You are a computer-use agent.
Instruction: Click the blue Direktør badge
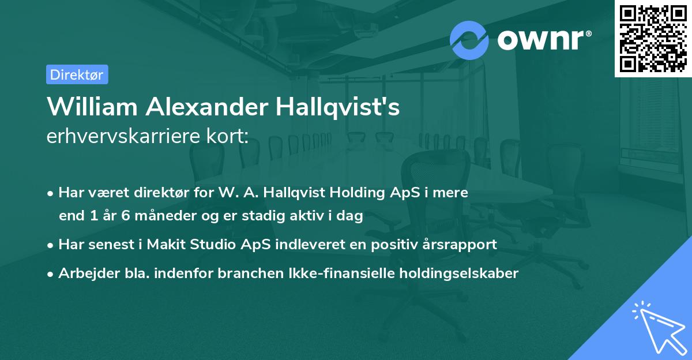[77, 74]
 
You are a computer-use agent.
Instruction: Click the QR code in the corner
[653, 38]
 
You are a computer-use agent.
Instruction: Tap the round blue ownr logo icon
[469, 40]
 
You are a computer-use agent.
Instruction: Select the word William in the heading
[91, 107]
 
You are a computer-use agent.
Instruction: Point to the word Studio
[210, 245]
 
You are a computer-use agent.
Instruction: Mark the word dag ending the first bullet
[352, 216]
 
